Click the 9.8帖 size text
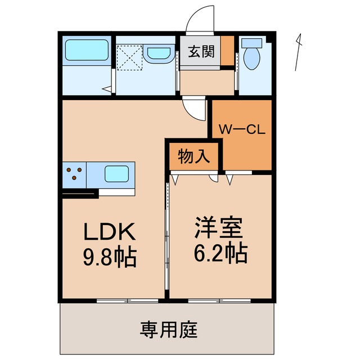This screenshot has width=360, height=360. pyautogui.click(x=110, y=257)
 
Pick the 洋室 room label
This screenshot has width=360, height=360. pyautogui.click(x=219, y=229)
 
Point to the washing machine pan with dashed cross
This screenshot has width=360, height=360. pyautogui.click(x=130, y=57)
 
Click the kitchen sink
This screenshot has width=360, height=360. pyautogui.click(x=119, y=174)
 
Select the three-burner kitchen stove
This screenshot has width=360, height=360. pyautogui.click(x=74, y=174)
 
